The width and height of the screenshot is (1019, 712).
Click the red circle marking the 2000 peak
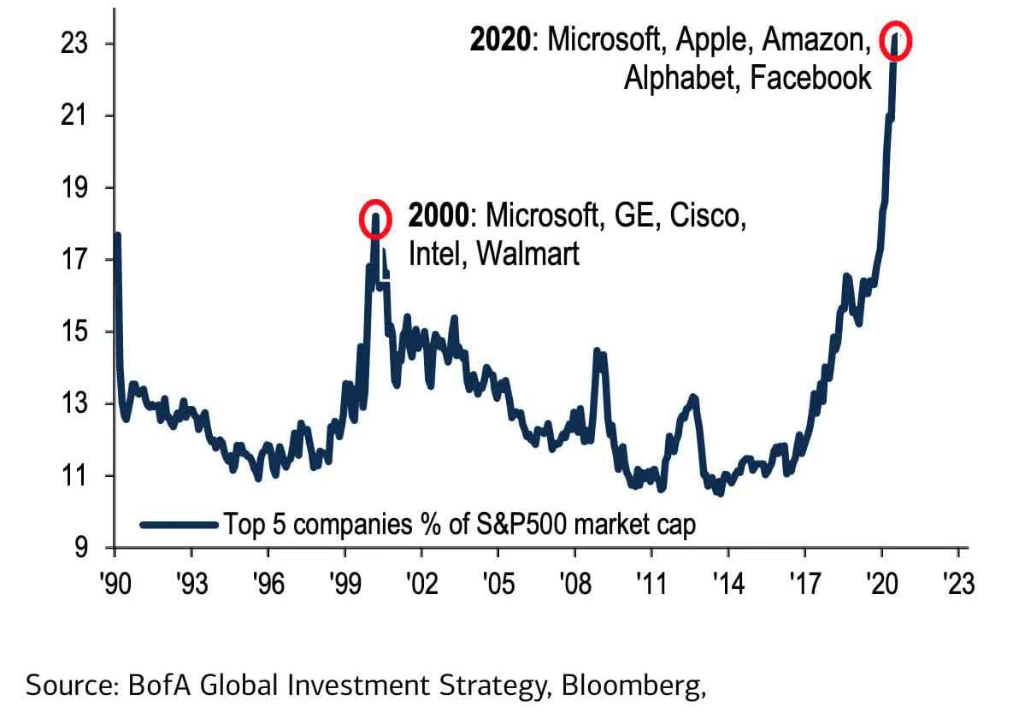pyautogui.click(x=375, y=220)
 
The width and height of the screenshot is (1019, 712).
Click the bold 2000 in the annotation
pyautogui.click(x=439, y=217)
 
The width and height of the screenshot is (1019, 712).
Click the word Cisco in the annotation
pyautogui.click(x=706, y=217)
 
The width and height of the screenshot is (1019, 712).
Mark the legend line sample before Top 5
pyautogui.click(x=179, y=523)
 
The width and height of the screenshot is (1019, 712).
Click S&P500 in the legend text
pyautogui.click(x=506, y=523)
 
